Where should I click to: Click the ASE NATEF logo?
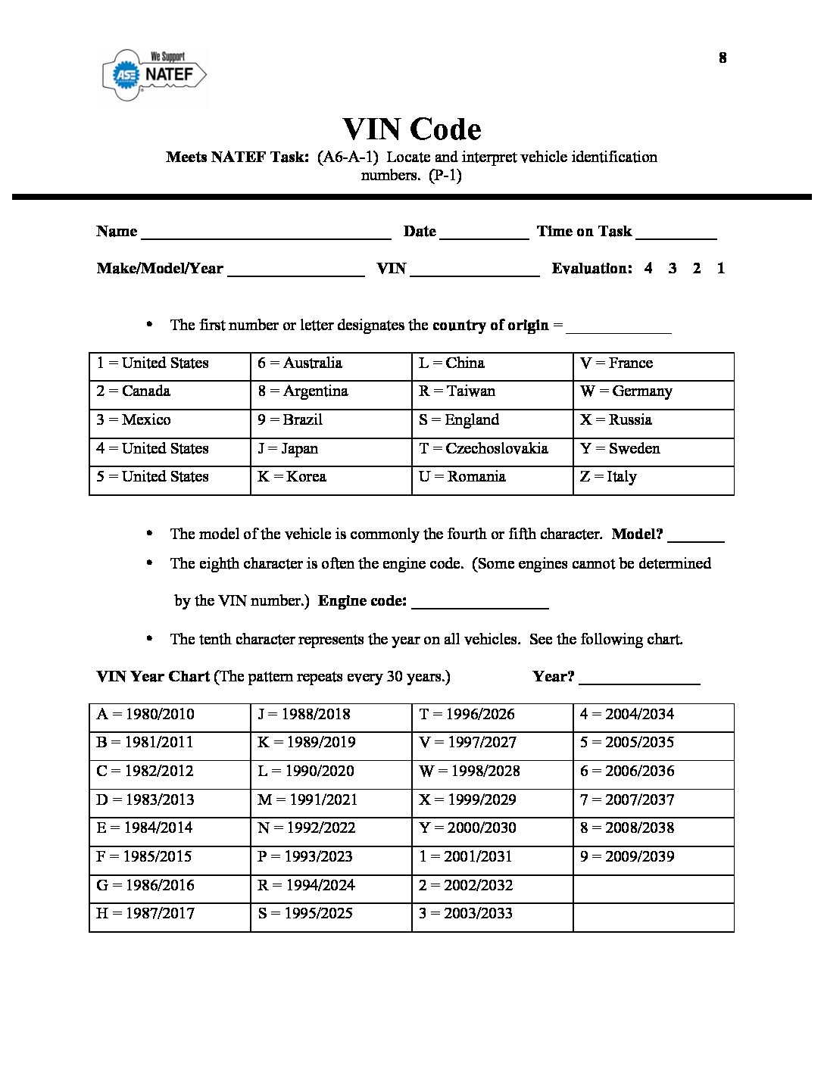[x=154, y=74]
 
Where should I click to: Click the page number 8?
[x=723, y=58]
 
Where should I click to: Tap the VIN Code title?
[x=411, y=129]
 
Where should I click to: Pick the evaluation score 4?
[x=648, y=268]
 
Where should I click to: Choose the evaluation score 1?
[x=721, y=268]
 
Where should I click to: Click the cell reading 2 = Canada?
[x=170, y=391]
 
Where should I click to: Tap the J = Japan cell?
[x=331, y=448]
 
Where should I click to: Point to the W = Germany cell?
[x=653, y=391]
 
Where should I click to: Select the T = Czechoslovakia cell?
[x=492, y=448]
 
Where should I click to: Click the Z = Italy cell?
[x=653, y=477]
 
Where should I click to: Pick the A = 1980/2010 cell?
[x=170, y=715]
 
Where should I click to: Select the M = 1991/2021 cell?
[x=331, y=800]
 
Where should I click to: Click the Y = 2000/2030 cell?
[x=492, y=828]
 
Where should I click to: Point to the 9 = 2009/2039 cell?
[x=653, y=857]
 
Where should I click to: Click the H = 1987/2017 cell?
[x=170, y=914]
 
